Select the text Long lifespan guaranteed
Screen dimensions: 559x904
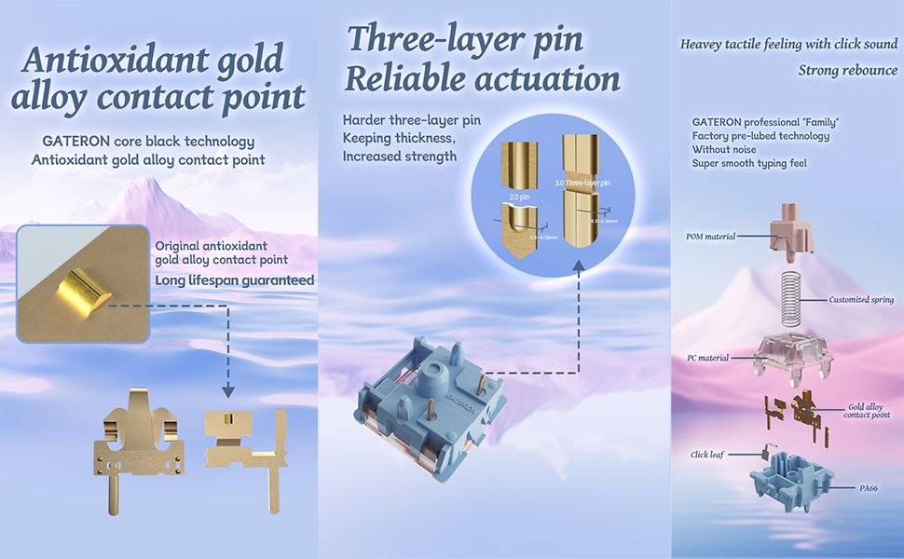[233, 279]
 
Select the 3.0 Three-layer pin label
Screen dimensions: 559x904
[586, 184]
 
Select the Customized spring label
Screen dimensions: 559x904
[861, 300]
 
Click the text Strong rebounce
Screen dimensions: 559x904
[848, 70]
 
